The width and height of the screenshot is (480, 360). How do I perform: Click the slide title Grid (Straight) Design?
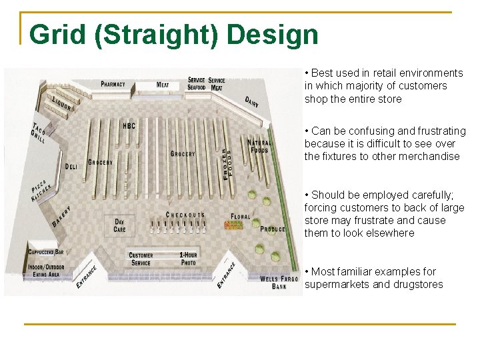tap(174, 35)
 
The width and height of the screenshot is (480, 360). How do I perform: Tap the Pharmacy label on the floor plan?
tap(113, 85)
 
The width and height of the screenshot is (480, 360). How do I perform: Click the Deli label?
tap(73, 165)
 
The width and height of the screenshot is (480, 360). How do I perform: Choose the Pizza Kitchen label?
tap(40, 190)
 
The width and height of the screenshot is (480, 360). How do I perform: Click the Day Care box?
tap(120, 225)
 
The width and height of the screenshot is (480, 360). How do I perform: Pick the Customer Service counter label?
tap(141, 259)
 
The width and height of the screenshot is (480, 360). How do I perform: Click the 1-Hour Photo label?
tap(188, 259)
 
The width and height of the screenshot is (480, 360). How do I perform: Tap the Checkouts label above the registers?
tap(185, 215)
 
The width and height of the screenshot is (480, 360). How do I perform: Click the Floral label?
tap(240, 217)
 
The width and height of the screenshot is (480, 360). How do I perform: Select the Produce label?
tap(273, 229)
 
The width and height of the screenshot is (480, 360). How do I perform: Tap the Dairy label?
tap(252, 101)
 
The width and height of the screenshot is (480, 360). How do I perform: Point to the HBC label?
tap(129, 125)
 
